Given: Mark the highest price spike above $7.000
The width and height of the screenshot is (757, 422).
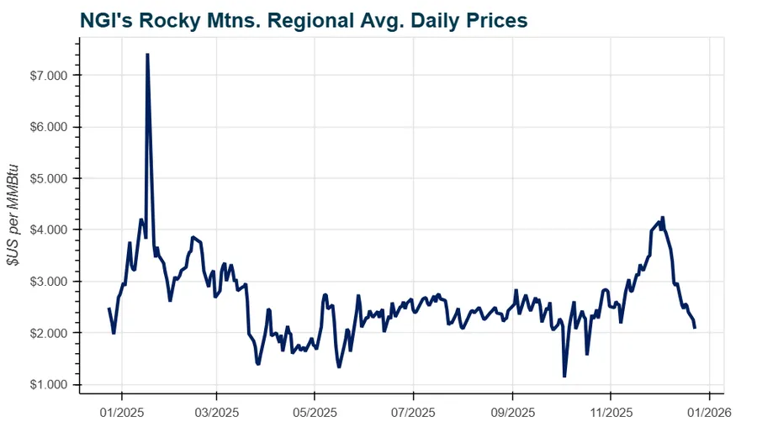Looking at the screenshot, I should pos(147,55).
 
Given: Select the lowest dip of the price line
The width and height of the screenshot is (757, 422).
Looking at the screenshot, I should pos(564,376).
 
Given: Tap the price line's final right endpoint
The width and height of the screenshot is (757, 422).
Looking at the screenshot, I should pos(695,328).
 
